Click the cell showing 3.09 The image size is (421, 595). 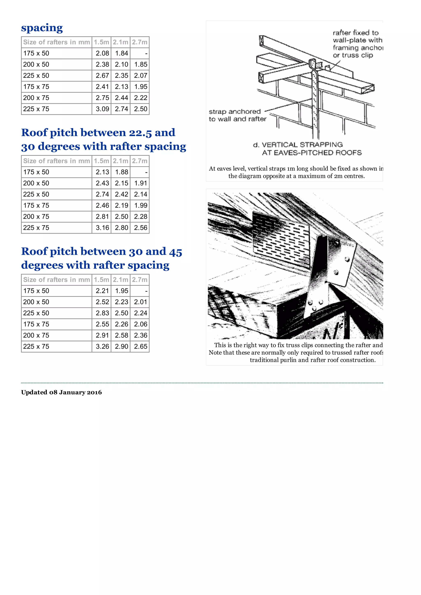pyautogui.click(x=102, y=109)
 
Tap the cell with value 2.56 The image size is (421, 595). pyautogui.click(x=140, y=228)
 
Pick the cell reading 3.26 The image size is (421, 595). pyautogui.click(x=102, y=347)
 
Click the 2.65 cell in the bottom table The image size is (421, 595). pyautogui.click(x=140, y=347)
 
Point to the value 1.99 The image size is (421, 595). pyautogui.click(x=140, y=206)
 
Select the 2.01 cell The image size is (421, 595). pyautogui.click(x=140, y=302)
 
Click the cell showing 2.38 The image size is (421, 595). pyautogui.click(x=102, y=64)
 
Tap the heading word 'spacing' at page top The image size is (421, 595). pyautogui.click(x=42, y=28)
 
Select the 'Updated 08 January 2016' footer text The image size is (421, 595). pyautogui.click(x=61, y=392)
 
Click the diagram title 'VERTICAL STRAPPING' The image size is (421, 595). pyautogui.click(x=302, y=145)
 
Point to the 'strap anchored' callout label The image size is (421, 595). pyautogui.click(x=235, y=112)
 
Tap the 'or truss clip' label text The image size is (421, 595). pyautogui.click(x=353, y=55)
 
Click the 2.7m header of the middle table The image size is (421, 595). pyautogui.click(x=140, y=161)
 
